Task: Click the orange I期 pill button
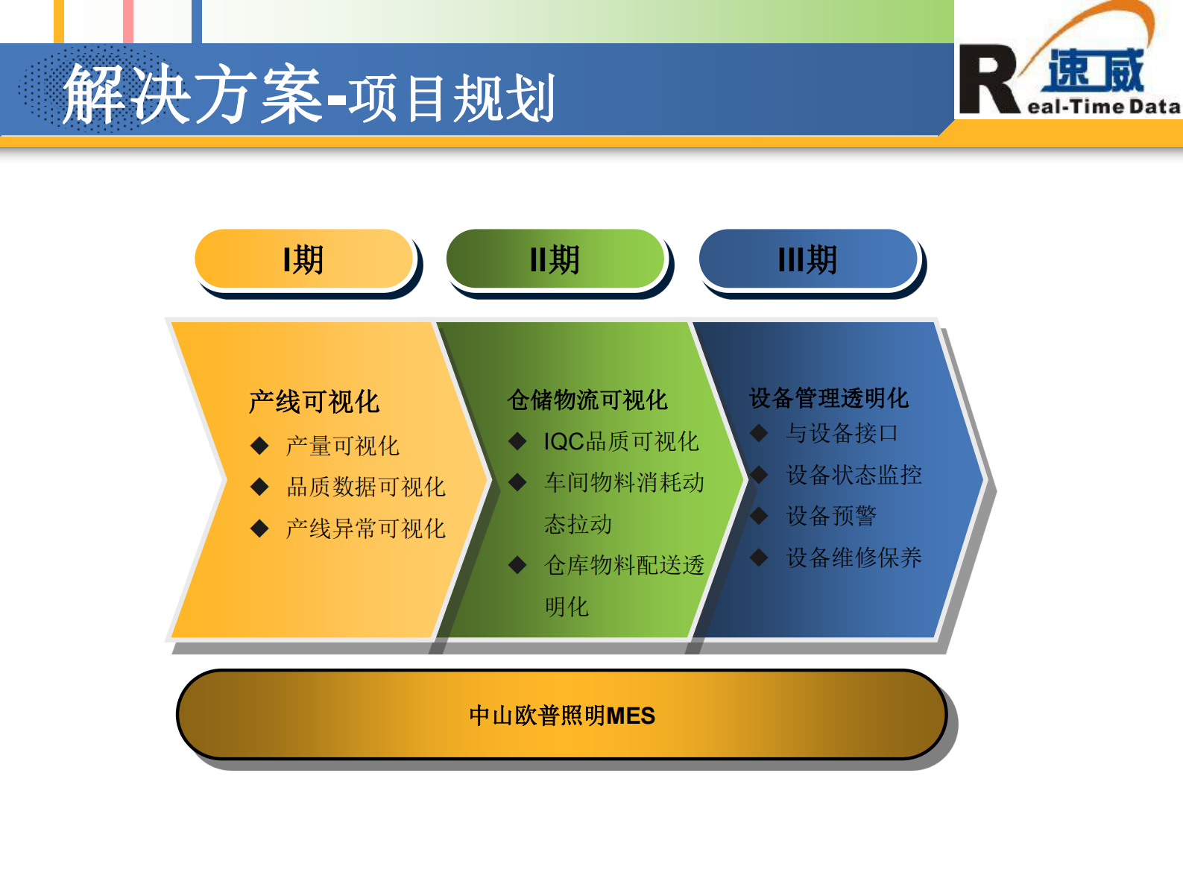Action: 303,259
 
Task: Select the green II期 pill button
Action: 555,259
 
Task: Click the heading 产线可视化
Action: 314,402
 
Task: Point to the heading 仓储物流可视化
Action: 587,400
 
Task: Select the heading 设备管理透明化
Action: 828,398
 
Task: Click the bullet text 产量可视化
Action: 342,446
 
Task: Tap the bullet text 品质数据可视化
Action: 365,487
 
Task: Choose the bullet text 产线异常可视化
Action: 365,529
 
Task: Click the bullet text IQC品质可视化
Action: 621,441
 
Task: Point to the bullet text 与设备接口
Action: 842,433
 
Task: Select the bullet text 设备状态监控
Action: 854,475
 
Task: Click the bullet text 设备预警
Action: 831,516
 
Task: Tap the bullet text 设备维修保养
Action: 854,558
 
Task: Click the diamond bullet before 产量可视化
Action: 259,446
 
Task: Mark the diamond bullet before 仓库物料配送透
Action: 517,565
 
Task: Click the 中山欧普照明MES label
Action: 562,716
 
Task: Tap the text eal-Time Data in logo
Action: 1103,107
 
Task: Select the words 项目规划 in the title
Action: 452,98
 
